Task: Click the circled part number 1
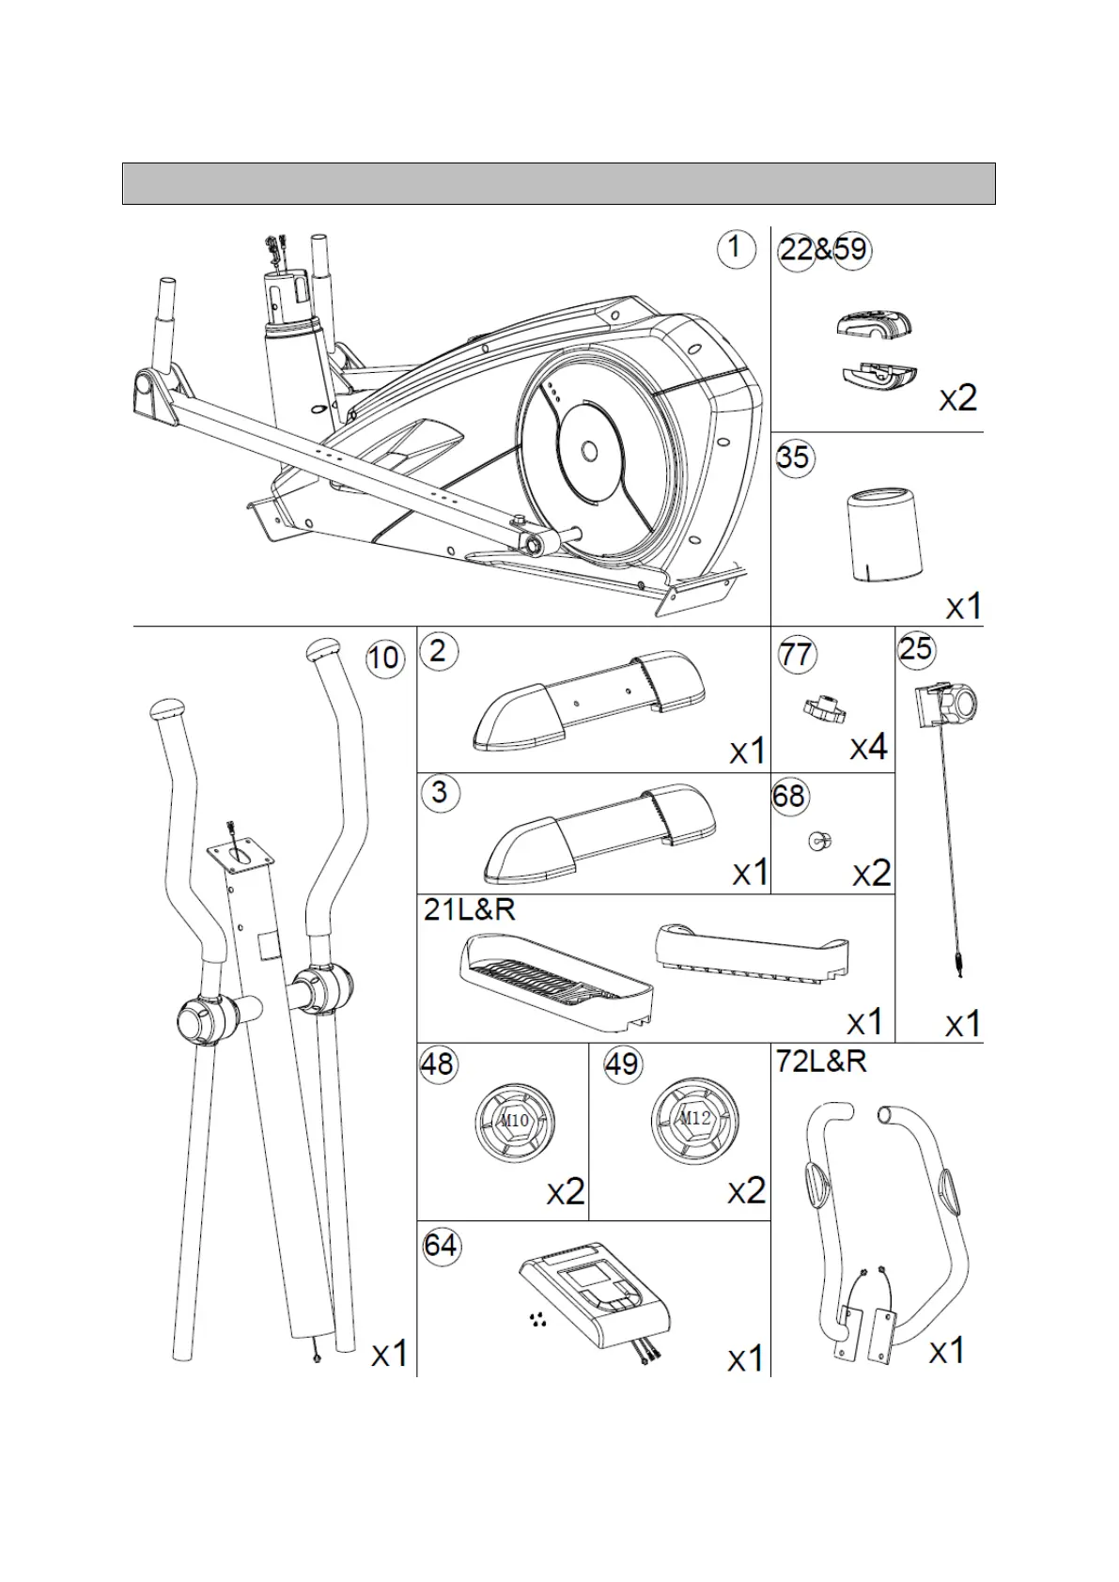(735, 249)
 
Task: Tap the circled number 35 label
(794, 458)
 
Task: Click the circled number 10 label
(383, 658)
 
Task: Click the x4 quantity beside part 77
(869, 748)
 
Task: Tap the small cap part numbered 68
(819, 841)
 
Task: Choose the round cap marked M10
(515, 1122)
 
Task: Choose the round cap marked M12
(694, 1120)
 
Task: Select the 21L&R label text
(470, 909)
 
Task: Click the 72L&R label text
(821, 1062)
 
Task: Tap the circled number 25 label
(916, 648)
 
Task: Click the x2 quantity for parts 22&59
(958, 398)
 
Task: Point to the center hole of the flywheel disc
(589, 452)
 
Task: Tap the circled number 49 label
(621, 1064)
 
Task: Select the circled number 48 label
(437, 1064)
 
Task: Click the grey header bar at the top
(558, 183)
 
